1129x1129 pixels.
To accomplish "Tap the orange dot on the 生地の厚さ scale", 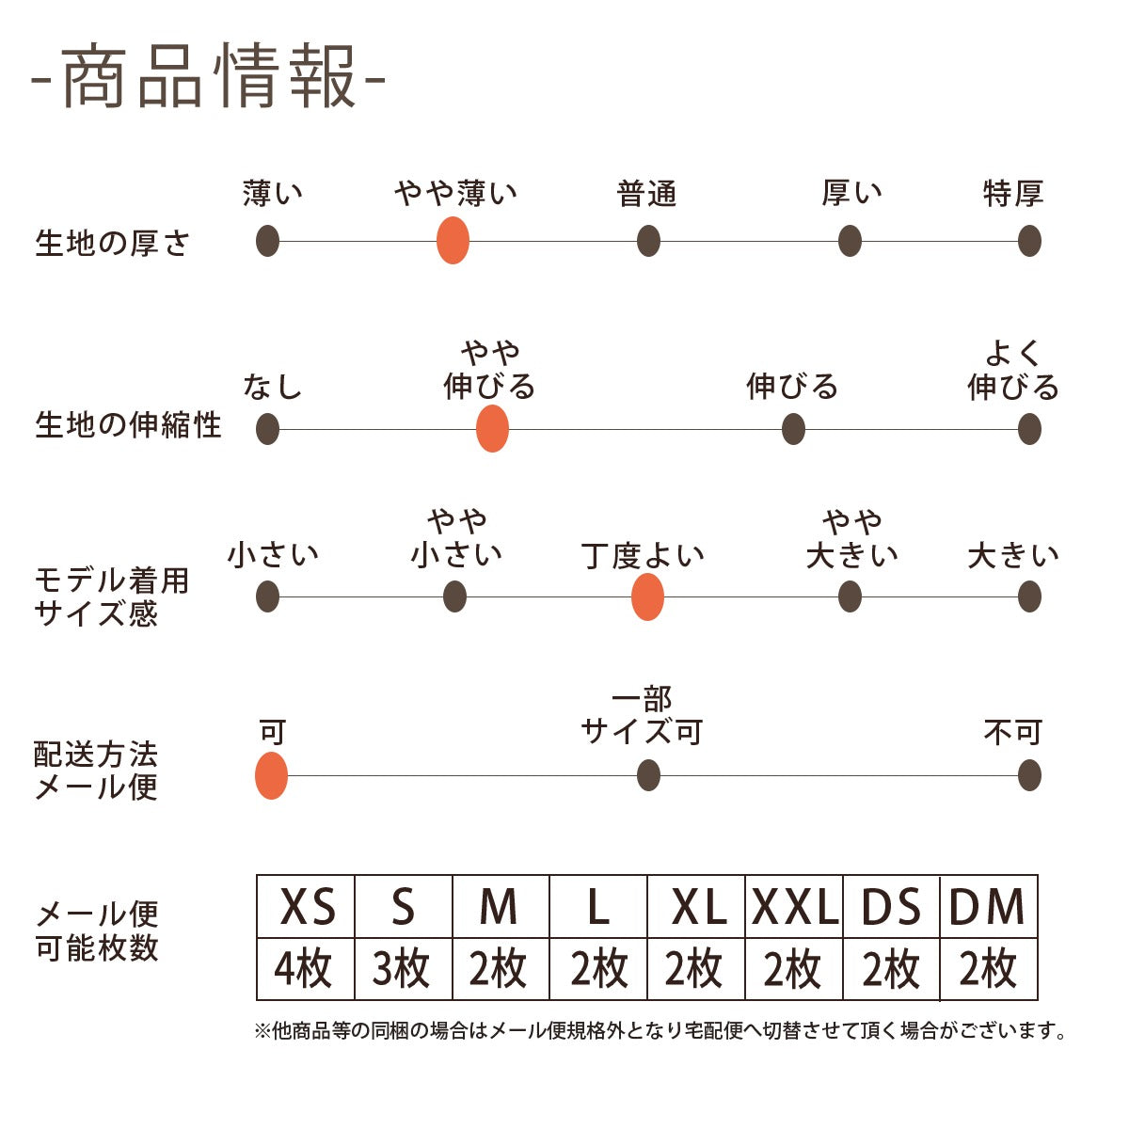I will [x=453, y=241].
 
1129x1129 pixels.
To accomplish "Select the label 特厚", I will [x=1013, y=194].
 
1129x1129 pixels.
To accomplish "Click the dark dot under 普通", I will [x=648, y=241].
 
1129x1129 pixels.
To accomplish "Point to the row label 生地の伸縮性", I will [x=128, y=425].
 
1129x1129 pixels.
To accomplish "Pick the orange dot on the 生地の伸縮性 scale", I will [x=492, y=429].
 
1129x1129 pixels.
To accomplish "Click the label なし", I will [x=272, y=387].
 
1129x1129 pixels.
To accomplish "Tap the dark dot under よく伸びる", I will [x=1029, y=429].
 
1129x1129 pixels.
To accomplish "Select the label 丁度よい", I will [x=643, y=555].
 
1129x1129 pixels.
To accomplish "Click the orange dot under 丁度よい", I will [x=647, y=596].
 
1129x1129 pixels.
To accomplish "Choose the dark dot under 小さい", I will [x=267, y=596].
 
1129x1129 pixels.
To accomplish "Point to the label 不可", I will [x=1013, y=732].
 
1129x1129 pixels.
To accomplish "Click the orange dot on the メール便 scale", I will [x=271, y=776].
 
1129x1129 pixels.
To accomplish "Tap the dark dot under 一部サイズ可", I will [x=648, y=776].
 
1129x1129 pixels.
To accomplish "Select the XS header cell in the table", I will [x=307, y=908].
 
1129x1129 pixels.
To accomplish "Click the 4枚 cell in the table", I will [x=305, y=969].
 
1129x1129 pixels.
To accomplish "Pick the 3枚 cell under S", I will [x=403, y=969].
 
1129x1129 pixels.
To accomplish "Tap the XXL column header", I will [x=795, y=908].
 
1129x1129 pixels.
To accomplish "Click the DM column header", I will [x=988, y=908].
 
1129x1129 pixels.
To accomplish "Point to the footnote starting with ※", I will [x=661, y=1031].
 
